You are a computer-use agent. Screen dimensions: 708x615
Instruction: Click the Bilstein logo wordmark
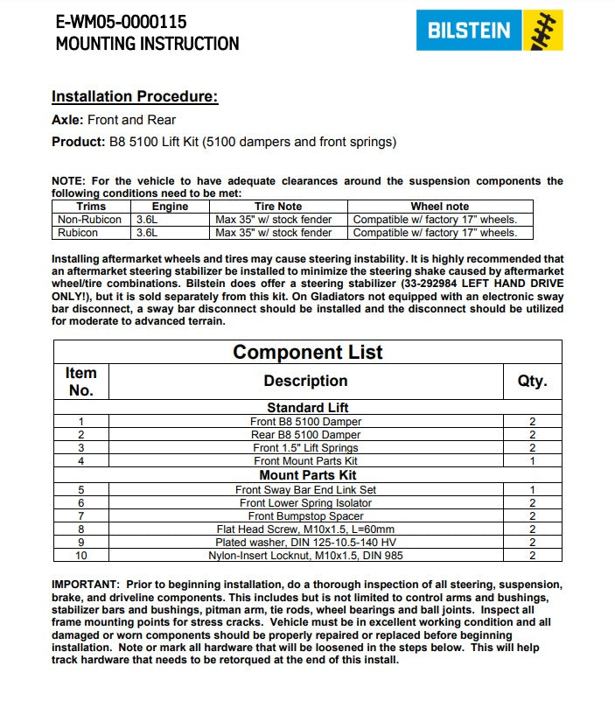[x=468, y=31]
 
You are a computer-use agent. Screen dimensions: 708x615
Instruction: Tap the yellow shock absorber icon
[x=541, y=31]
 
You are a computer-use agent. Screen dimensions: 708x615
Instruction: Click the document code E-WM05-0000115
[x=121, y=21]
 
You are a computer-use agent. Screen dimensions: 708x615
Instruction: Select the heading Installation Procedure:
[x=135, y=96]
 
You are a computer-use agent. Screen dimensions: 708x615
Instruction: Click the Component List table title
[x=307, y=353]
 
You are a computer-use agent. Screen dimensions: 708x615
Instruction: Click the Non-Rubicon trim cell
[x=90, y=220]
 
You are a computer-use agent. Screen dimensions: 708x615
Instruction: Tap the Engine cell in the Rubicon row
[x=147, y=233]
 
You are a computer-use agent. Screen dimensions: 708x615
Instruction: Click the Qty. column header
[x=531, y=382]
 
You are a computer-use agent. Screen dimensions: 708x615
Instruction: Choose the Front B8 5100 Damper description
[x=305, y=422]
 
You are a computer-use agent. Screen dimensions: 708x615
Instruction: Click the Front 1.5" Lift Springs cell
[x=305, y=448]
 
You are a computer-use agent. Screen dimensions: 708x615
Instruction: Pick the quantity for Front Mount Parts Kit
[x=531, y=461]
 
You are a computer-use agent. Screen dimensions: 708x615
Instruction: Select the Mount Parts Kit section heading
[x=305, y=475]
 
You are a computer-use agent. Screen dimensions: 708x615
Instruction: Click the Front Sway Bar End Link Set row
[x=305, y=490]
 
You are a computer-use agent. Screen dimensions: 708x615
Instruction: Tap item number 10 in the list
[x=80, y=556]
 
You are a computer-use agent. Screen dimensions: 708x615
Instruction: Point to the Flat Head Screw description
[x=305, y=529]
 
